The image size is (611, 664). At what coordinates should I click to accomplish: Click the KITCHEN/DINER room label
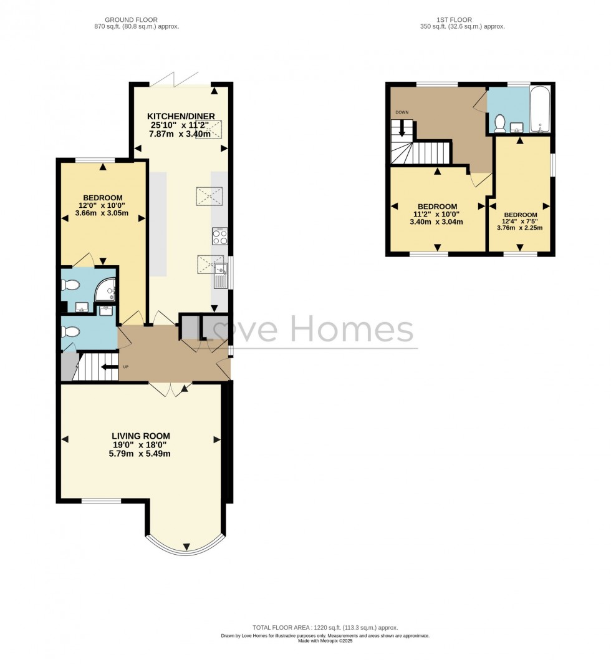tap(181, 116)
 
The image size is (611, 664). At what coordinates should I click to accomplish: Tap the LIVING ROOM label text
tap(141, 436)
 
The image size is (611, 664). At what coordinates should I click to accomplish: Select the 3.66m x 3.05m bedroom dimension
tap(103, 213)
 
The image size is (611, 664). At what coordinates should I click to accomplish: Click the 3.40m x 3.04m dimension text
tap(436, 222)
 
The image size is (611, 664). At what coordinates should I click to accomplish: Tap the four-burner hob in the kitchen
tap(220, 237)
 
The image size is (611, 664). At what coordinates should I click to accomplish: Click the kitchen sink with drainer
tap(221, 275)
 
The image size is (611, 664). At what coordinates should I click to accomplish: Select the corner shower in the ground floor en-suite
tap(107, 288)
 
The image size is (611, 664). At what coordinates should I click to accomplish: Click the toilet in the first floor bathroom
tap(499, 123)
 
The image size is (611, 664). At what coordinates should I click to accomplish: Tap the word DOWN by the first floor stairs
tap(402, 112)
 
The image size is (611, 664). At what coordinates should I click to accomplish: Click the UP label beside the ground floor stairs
tap(125, 367)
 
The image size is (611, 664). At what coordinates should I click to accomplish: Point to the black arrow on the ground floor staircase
tap(110, 367)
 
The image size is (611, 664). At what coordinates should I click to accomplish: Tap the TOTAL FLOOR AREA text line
tap(325, 627)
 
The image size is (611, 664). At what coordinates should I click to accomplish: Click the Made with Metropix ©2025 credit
tap(325, 641)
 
